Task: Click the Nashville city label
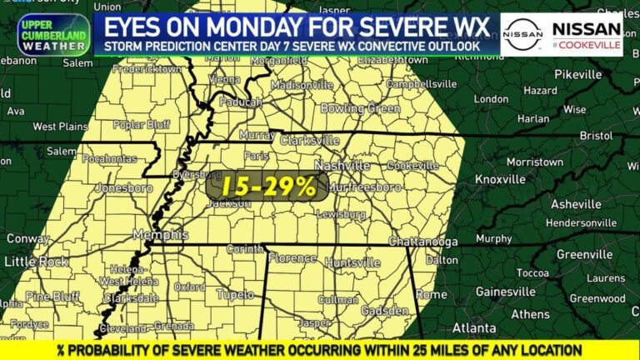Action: pyautogui.click(x=342, y=166)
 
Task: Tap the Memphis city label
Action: pyautogui.click(x=158, y=235)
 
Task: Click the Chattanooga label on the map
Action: pyautogui.click(x=423, y=242)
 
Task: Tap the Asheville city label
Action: pyautogui.click(x=575, y=204)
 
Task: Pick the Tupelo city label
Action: pyautogui.click(x=235, y=293)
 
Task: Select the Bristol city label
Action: pyautogui.click(x=595, y=134)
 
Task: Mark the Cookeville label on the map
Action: pyautogui.click(x=412, y=166)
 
